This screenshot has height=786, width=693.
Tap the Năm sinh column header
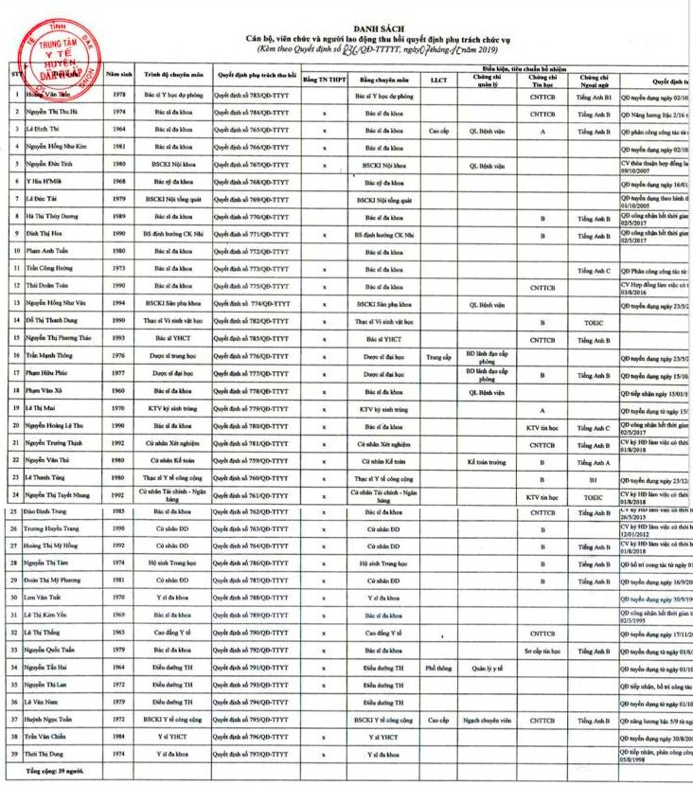coord(118,74)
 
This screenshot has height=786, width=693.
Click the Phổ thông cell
coord(438,668)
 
